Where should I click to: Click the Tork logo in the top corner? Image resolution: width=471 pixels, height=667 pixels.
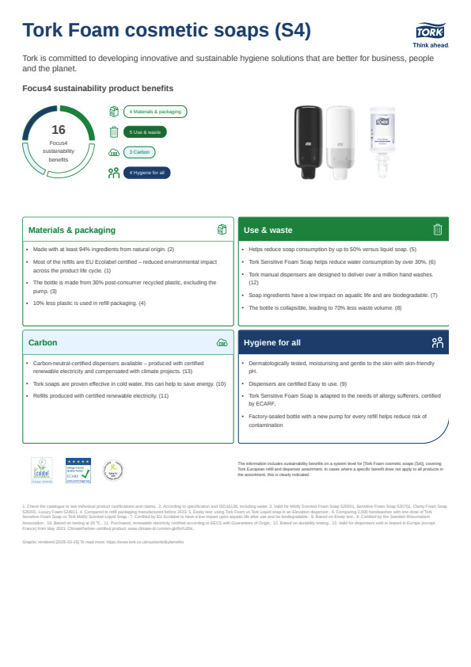coord(430,32)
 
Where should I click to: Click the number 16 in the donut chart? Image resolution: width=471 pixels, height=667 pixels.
coord(58,130)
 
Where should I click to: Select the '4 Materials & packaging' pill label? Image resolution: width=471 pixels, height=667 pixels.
coord(154,112)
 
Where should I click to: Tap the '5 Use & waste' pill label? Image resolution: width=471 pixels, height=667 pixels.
coord(145,132)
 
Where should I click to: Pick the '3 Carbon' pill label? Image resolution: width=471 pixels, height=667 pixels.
coord(139,152)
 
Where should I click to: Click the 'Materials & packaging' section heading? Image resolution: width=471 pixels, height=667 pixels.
coord(72,230)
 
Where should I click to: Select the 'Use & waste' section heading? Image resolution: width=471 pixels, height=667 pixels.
coord(268,230)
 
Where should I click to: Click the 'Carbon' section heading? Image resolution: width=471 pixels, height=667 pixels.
coord(43,343)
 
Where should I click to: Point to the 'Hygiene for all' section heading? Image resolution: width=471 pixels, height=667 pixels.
coord(272,343)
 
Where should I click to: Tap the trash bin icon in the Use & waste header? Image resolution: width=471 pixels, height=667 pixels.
coord(438,230)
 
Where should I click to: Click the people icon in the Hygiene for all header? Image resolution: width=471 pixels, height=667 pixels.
coord(438,343)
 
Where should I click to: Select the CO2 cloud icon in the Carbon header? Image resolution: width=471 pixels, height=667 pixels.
coord(222,343)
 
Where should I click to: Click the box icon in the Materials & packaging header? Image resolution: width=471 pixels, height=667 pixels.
coord(222,230)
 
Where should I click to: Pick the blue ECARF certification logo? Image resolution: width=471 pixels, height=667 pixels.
coord(78,471)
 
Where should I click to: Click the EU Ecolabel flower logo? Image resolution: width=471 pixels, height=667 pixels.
coord(40,471)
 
